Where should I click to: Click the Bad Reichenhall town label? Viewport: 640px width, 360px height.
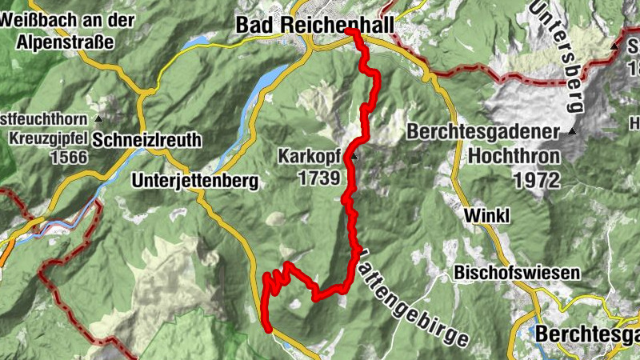click(314, 26)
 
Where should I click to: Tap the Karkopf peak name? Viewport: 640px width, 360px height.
click(310, 155)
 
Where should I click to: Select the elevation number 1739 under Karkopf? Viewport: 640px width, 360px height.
click(318, 178)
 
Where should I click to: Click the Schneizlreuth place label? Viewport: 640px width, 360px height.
click(147, 140)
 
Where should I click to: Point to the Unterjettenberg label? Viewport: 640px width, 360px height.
click(194, 181)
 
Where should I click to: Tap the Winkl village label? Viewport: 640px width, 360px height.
click(487, 215)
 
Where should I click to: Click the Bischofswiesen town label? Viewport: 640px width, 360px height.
click(516, 273)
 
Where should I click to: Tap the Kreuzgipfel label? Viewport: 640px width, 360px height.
click(47, 138)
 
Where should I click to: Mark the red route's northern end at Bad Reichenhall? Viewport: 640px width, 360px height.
click(350, 30)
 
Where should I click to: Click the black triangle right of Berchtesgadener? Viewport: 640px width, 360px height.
click(573, 130)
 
